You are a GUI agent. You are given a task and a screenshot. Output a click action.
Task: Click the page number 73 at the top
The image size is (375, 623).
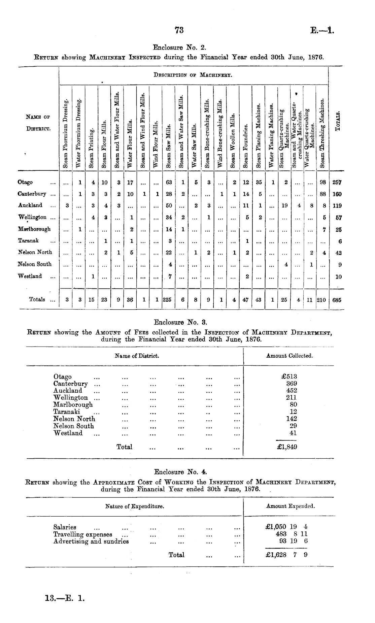point(179,30)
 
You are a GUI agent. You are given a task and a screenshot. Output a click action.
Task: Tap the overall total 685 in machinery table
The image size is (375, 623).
point(337,299)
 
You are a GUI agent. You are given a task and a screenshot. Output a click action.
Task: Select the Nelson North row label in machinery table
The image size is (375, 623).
point(35,252)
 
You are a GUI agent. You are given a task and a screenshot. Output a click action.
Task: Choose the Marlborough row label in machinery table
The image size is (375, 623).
point(34,229)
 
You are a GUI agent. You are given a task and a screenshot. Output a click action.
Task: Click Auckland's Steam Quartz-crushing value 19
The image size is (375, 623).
point(284,205)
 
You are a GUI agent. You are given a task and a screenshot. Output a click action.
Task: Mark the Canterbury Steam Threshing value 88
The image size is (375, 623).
point(322,194)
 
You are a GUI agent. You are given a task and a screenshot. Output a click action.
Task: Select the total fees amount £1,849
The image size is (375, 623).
point(286,447)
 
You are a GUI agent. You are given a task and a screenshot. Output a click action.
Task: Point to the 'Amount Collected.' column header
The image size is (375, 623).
point(289,356)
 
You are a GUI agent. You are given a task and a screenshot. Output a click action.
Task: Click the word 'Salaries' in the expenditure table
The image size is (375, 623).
point(65,527)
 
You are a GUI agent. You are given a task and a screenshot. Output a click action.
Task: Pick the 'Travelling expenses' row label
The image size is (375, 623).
point(83,534)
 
